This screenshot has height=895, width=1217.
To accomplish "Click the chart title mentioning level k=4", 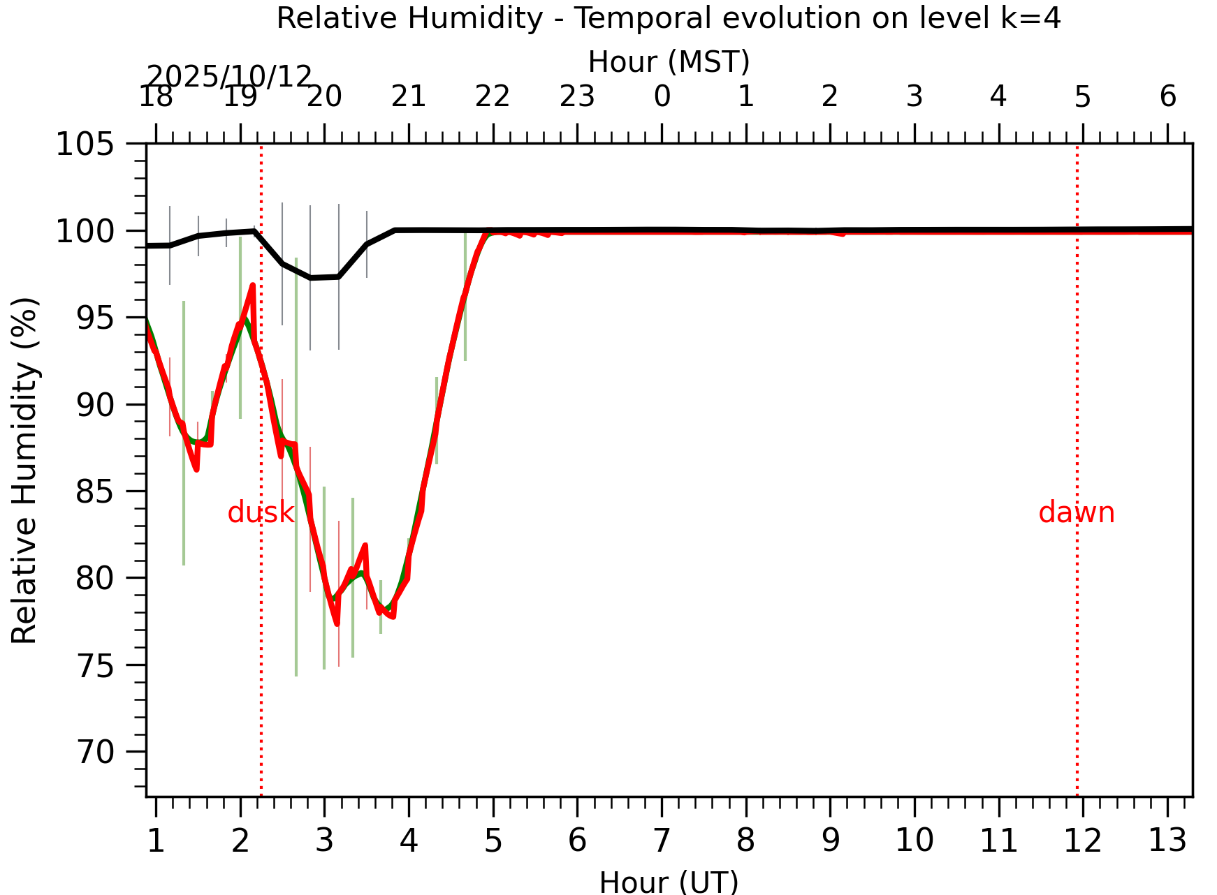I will click(x=669, y=18).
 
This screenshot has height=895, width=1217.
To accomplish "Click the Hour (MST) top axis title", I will click(x=669, y=62).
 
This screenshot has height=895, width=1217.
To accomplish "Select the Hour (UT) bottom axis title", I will click(x=669, y=882).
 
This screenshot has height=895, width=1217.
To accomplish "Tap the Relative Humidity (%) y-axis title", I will click(x=24, y=471).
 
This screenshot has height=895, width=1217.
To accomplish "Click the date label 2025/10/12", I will click(x=229, y=77).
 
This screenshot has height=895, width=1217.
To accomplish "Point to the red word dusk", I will click(x=261, y=513).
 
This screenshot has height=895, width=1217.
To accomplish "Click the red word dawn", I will click(x=1076, y=513).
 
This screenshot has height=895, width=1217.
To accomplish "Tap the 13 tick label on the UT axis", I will click(x=1167, y=841).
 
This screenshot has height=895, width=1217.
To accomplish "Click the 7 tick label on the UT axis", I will click(x=662, y=841).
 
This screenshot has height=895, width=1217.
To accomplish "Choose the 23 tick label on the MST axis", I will click(x=577, y=97).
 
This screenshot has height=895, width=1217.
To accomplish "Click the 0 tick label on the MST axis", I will click(x=662, y=97).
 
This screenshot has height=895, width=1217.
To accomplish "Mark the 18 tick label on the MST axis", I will click(x=156, y=97).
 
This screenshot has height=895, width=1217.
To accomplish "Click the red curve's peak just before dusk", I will click(x=253, y=286).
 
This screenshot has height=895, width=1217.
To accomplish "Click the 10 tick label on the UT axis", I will click(x=914, y=841).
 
